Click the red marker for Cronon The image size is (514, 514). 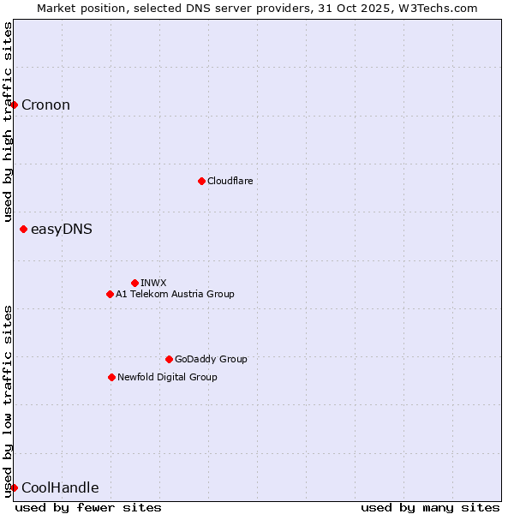click(x=15, y=105)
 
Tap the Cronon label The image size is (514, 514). click(x=45, y=105)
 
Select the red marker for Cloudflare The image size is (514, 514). click(x=201, y=181)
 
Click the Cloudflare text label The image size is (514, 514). click(x=230, y=181)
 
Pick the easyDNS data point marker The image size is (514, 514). click(x=23, y=229)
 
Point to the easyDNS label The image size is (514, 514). click(x=61, y=230)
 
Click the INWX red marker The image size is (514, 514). click(x=134, y=283)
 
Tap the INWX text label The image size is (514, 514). click(x=153, y=283)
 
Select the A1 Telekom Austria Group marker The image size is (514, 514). click(x=110, y=294)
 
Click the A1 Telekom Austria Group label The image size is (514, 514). click(x=175, y=294)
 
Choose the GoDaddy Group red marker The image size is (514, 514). click(x=169, y=359)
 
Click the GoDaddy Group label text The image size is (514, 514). click(x=210, y=359)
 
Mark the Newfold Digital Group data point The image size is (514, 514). click(x=111, y=377)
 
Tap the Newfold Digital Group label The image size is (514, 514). click(x=167, y=377)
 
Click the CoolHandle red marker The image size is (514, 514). click(x=15, y=487)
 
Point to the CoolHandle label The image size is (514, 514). click(x=60, y=488)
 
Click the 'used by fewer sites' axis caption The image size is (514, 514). click(x=88, y=507)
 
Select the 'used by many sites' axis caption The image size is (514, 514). click(x=430, y=507)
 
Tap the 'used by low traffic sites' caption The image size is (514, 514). click(x=8, y=400)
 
